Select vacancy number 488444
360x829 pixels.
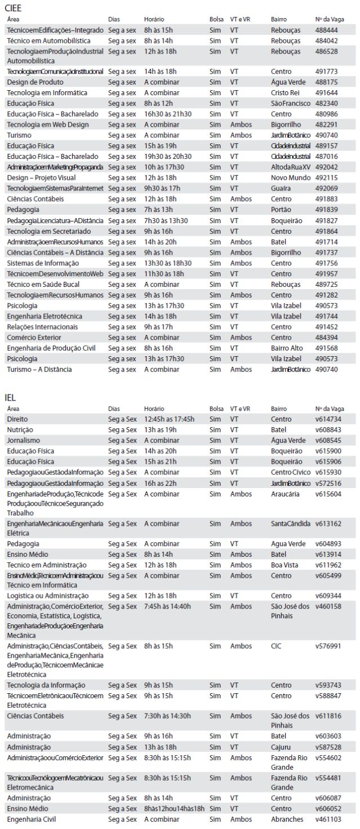point(326,30)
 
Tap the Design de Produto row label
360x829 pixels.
point(32,82)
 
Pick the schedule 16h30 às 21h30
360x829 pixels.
point(168,114)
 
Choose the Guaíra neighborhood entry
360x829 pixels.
point(281,188)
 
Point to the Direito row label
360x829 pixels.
point(17,419)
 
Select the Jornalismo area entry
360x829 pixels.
point(23,440)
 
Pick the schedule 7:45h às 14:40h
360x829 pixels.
point(168,606)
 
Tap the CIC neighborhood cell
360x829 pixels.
point(276,645)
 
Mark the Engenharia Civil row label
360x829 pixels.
point(32,819)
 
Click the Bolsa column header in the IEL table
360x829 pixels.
point(216,408)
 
